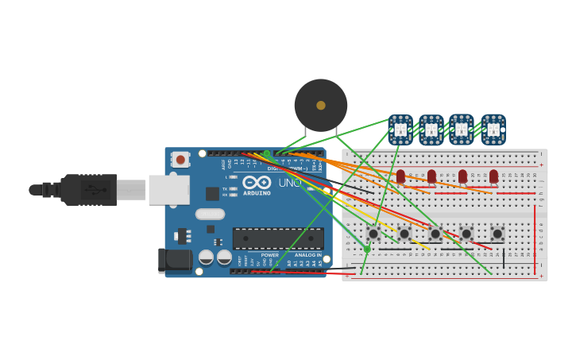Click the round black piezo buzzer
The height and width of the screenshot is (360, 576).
click(x=321, y=105)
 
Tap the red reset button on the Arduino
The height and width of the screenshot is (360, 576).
click(x=180, y=160)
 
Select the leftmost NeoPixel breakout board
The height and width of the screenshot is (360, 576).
click(x=400, y=130)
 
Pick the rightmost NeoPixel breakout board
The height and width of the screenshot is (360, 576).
click(x=493, y=130)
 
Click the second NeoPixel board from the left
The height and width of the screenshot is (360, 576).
click(x=431, y=130)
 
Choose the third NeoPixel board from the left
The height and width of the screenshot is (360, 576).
click(x=462, y=130)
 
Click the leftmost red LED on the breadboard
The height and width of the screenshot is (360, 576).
click(x=400, y=176)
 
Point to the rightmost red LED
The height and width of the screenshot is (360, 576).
click(x=493, y=176)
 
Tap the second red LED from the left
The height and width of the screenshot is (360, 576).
click(x=431, y=176)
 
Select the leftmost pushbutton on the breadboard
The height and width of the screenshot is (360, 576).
click(x=373, y=234)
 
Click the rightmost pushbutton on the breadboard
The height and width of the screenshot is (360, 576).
click(x=497, y=234)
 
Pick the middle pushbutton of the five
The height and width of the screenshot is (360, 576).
click(x=435, y=234)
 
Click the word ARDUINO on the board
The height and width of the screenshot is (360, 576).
click(x=257, y=193)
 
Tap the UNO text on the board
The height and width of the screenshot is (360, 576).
click(x=289, y=183)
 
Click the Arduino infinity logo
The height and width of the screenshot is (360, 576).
click(x=257, y=182)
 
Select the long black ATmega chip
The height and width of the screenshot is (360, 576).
click(x=278, y=238)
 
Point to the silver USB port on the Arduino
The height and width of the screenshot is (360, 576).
click(x=168, y=190)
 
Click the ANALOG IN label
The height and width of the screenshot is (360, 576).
click(x=308, y=255)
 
